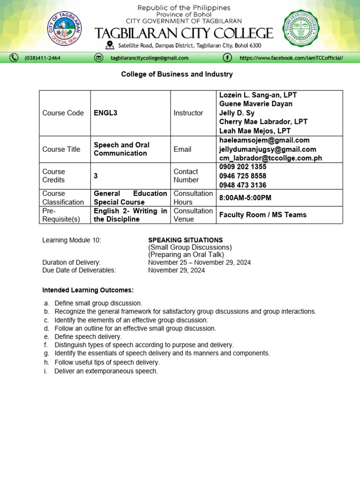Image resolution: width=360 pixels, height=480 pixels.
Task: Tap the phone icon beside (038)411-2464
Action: click(15, 58)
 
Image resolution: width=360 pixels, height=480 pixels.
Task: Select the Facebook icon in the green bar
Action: click(227, 58)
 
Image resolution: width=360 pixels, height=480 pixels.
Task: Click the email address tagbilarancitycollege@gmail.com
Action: click(149, 58)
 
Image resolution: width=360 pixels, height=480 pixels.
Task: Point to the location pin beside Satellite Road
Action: click(110, 45)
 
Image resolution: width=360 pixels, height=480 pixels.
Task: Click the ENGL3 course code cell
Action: click(107, 113)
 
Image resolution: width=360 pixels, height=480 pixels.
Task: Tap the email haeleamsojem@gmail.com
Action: click(264, 140)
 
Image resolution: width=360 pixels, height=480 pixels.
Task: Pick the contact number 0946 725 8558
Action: click(243, 176)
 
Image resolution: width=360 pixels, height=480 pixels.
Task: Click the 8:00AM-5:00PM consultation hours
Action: click(245, 198)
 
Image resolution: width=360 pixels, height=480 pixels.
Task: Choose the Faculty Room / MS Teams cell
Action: click(263, 215)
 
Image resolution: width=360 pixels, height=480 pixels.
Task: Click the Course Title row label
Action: click(61, 149)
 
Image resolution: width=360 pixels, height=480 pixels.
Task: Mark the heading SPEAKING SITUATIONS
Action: click(186, 240)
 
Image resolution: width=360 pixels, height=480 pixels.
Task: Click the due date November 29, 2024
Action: click(176, 270)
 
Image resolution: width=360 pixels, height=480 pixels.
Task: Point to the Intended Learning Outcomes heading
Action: click(88, 290)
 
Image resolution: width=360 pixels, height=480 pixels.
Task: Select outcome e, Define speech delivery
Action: click(88, 337)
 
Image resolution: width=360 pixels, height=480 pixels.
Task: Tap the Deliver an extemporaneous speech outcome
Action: click(106, 371)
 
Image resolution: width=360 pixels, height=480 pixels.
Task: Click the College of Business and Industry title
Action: click(177, 74)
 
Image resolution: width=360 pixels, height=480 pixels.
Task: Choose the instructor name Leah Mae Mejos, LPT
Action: click(255, 131)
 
